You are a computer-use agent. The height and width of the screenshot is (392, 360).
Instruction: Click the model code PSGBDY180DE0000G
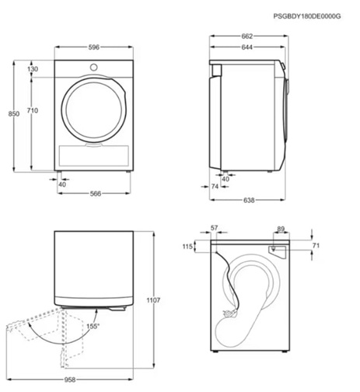click(x=307, y=16)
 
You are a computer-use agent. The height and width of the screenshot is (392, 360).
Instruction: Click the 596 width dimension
click(x=93, y=47)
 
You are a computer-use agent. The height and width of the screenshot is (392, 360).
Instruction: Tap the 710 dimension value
click(x=32, y=111)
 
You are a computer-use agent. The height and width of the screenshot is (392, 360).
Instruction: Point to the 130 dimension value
click(x=33, y=70)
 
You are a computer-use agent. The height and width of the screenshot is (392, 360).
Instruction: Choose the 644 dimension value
click(x=245, y=48)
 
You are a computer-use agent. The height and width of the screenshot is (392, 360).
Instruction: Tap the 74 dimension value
click(x=215, y=187)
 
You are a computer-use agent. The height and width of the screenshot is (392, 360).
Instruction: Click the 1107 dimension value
click(x=152, y=299)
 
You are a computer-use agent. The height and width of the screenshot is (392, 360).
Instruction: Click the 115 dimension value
click(x=187, y=247)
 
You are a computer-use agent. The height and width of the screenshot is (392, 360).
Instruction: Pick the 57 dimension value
click(x=215, y=229)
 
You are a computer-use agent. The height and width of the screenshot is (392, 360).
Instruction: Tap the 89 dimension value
click(x=280, y=229)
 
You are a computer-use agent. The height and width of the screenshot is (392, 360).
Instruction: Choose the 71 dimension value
click(x=315, y=246)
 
